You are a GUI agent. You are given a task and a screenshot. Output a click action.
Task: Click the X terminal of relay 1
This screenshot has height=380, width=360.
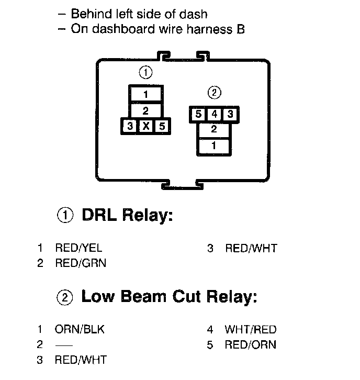146,126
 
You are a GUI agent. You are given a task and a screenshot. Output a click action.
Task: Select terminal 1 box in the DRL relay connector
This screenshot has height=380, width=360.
145,95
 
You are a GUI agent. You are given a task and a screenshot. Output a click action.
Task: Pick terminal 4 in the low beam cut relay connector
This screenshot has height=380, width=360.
213,114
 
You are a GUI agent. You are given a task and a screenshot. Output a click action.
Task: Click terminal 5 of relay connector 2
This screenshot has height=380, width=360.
198,114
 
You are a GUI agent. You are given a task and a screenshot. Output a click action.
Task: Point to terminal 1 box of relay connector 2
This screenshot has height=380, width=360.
213,146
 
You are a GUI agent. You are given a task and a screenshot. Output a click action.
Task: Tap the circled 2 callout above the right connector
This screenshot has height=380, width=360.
214,93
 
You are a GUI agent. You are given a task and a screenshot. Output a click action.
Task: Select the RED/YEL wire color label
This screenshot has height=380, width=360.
78,248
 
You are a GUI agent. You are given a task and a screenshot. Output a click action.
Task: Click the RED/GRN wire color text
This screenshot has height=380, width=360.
80,263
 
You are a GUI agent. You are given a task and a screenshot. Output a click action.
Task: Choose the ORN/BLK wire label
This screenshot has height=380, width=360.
80,330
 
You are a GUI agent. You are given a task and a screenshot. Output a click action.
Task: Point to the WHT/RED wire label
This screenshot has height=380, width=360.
250,330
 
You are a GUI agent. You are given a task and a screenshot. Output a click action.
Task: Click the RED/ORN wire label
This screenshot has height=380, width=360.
250,345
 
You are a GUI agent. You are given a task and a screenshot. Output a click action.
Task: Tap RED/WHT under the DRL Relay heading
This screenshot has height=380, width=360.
251,248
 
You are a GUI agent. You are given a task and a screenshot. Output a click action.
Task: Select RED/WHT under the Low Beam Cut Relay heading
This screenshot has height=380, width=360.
80,360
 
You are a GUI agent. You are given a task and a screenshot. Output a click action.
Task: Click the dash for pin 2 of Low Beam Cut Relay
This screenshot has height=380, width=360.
63,345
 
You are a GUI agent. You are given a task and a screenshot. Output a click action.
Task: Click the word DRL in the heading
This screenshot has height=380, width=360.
99,215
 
